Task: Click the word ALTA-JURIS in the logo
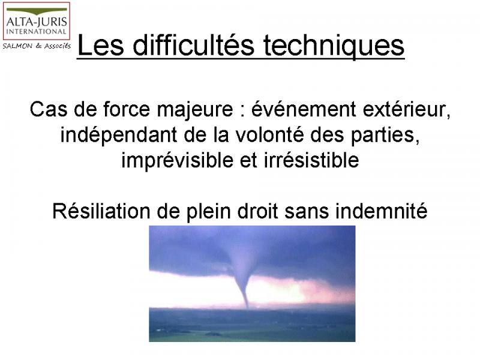coord(37,22)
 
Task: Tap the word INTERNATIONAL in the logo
coord(36,32)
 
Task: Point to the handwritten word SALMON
coord(17,46)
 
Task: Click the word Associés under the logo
coord(58,46)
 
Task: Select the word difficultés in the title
coord(193,46)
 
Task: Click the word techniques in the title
coord(334,46)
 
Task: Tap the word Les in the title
coord(101,46)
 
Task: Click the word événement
coord(304,109)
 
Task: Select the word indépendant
coord(118,136)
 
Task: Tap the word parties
coord(385,136)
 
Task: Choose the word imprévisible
coord(177,160)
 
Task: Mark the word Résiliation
coord(101,211)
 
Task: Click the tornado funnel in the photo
coord(243,281)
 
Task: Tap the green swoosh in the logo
coord(37,11)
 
